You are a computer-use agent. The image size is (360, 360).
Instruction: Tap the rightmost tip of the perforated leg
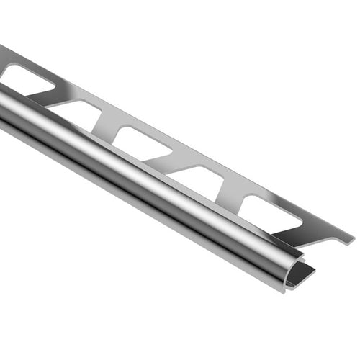pyautogui.click(x=351, y=237)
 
